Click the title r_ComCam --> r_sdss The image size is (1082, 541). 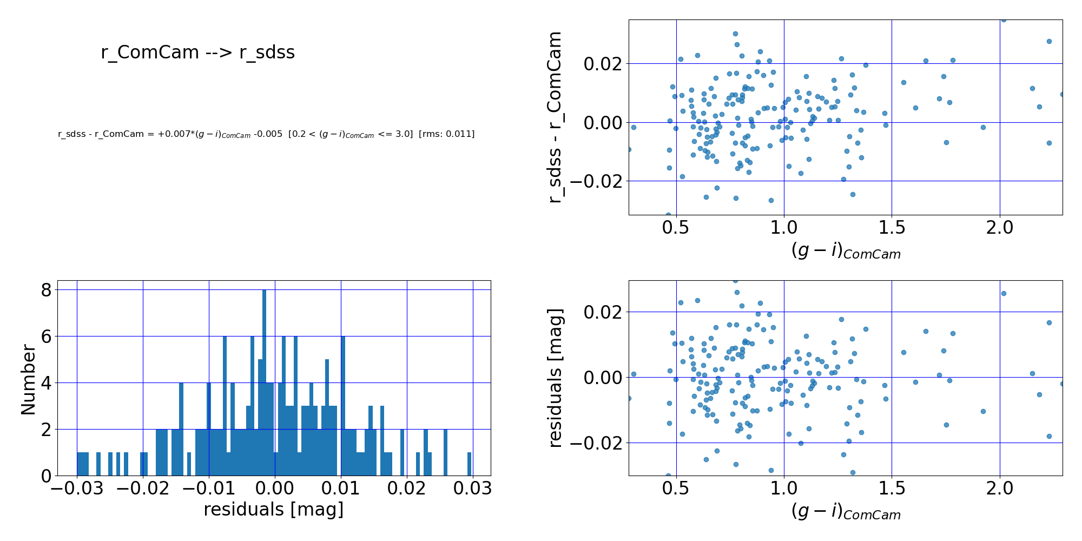coord(197,52)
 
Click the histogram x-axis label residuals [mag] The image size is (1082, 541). coord(274,510)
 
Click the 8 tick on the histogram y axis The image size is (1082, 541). coord(46,291)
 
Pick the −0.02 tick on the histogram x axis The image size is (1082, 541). coord(142,489)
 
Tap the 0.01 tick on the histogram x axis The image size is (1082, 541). coord(340,489)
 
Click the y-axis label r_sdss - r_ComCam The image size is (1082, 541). coord(555,117)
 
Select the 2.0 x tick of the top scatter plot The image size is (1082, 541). coord(999,228)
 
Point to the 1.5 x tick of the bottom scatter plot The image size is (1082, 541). coord(891,489)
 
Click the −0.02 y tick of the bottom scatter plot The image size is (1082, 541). coord(597,443)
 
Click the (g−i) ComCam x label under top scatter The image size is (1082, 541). coord(846,251)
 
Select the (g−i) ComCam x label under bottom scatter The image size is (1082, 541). coord(846,512)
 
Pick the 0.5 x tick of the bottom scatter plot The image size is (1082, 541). coord(676,489)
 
